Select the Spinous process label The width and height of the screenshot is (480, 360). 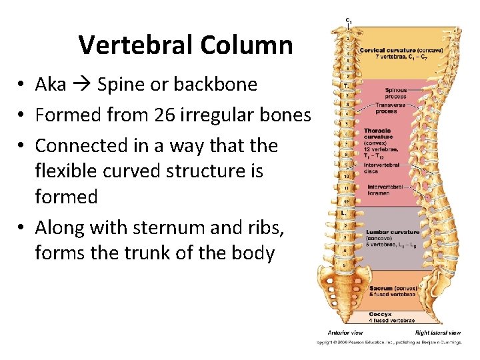coord(395,93)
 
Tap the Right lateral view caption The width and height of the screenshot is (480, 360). coord(437,332)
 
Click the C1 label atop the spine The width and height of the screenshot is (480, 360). coord(348,21)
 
